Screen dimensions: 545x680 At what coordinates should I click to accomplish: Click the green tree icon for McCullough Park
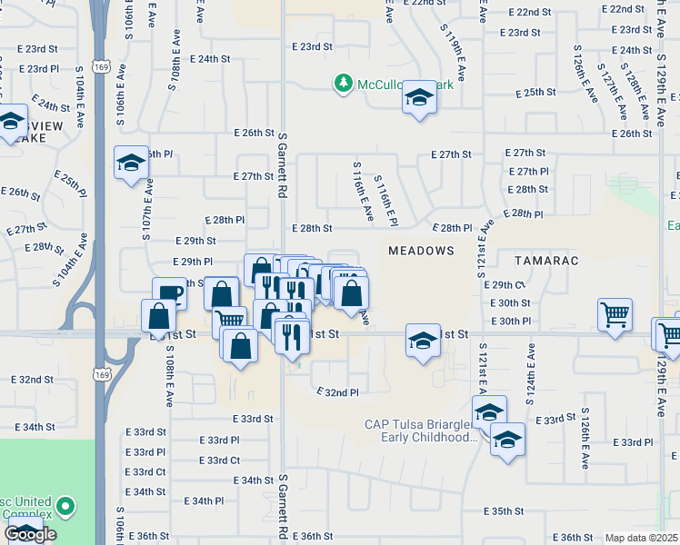[x=343, y=84]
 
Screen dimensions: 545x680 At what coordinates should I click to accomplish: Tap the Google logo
[x=31, y=535]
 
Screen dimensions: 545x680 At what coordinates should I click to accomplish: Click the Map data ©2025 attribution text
[x=642, y=538]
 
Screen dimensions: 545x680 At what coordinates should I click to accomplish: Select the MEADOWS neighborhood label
[x=421, y=250]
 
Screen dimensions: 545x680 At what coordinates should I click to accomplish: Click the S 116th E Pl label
[x=386, y=202]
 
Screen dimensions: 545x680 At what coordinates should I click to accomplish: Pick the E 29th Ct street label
[x=507, y=284]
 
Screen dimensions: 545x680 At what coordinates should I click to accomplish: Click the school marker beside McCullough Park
[x=419, y=98]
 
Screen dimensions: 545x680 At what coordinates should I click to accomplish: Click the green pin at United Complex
[x=65, y=506]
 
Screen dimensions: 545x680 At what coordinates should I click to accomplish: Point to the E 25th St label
[x=535, y=93]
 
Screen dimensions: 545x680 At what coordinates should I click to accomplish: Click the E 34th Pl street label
[x=204, y=500]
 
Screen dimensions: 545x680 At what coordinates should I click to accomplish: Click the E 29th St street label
[x=196, y=241]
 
